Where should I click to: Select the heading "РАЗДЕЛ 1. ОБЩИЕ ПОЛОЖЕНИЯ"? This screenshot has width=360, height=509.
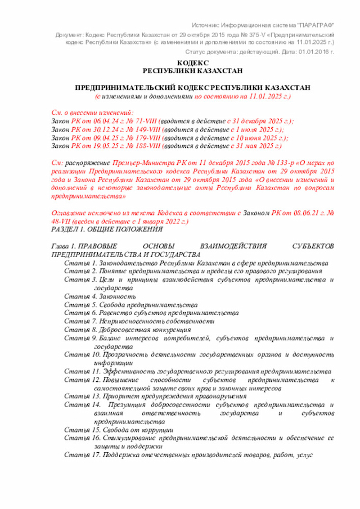[x=107, y=229]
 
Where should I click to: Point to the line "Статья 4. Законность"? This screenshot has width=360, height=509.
[x=100, y=296]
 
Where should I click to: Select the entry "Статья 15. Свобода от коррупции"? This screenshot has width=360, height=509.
[x=119, y=429]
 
